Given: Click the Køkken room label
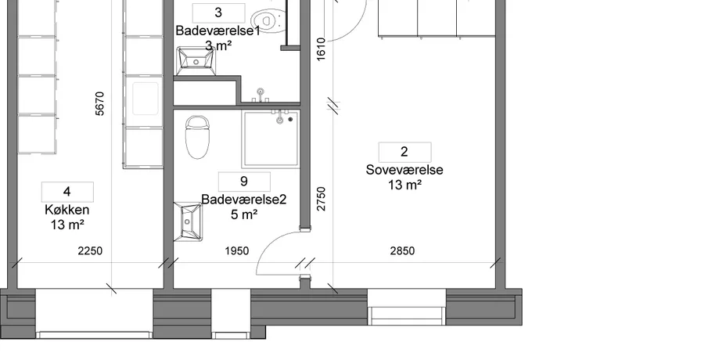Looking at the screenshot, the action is point(66,210).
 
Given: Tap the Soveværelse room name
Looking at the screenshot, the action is point(404,170).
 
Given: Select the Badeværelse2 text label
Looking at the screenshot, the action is point(244,200).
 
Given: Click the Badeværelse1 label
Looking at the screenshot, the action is point(218,31).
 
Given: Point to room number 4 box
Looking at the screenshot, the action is point(67,192).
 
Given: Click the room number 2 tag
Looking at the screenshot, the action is point(404,152).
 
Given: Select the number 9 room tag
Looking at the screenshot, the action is point(244,182).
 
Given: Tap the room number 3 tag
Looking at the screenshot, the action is point(218,13).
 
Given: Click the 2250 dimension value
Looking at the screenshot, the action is point(90,250).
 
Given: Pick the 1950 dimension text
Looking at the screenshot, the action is point(237,250).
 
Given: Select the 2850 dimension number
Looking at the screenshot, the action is point(402,250).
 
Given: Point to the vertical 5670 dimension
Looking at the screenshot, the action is point(100,103).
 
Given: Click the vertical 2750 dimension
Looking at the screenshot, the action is point(321,199).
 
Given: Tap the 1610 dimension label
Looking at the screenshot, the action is point(321,49).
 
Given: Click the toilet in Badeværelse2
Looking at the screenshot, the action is point(198,137).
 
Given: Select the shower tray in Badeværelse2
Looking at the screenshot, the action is point(271,139).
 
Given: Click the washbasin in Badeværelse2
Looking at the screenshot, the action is point(188,221).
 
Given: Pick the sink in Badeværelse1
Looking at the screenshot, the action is point(196,61).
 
